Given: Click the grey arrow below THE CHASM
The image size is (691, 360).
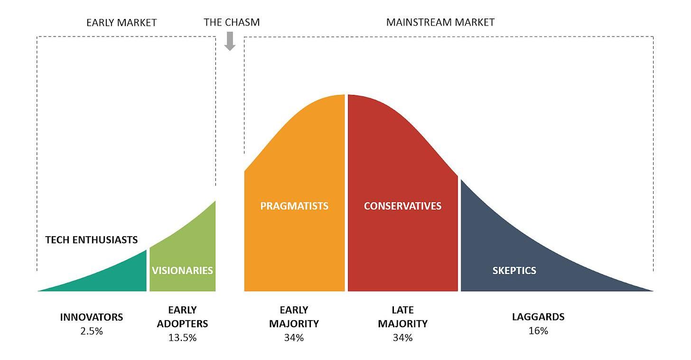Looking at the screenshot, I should pos(230,41).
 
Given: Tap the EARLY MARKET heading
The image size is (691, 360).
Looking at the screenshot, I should pos(121,22).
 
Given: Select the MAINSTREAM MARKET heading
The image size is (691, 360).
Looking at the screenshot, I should pos(440,22).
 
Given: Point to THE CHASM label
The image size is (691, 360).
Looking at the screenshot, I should pos(232,22).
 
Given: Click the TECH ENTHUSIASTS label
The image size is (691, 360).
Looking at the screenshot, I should pos(92,240).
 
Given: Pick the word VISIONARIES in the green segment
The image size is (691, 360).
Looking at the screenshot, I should pos(182,270).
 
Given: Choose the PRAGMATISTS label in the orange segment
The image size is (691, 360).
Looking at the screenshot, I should pos(294,206).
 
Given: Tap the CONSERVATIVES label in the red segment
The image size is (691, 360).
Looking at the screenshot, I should pos(402,206).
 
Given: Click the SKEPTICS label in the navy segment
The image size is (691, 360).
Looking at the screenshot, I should pos(514,270).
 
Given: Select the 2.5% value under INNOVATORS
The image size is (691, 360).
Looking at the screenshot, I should pos(92,331).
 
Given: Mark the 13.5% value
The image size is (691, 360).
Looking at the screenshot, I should pos(182,338).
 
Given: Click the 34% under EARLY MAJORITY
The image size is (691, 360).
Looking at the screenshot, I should pos(294,338).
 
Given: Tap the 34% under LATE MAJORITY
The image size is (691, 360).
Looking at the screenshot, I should pos(402,338).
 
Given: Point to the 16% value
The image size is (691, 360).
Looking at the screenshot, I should pos(538,331).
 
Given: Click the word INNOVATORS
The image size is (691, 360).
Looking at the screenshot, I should pos(92,317).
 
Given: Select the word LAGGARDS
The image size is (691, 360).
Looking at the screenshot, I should pos(538,317).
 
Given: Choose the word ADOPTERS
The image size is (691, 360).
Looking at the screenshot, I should pos(182,324).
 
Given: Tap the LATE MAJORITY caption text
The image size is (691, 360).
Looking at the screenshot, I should pos(402,317).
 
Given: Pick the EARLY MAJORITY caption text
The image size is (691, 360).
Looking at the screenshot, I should pos(294,317).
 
